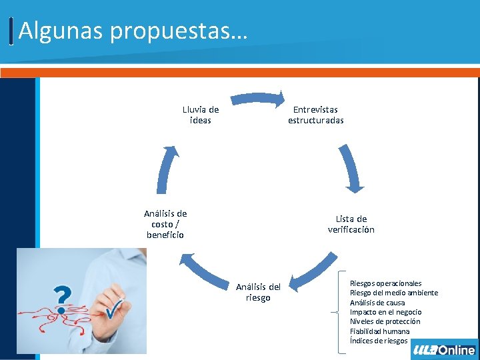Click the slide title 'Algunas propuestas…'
tap(133, 30)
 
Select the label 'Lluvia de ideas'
tap(200, 115)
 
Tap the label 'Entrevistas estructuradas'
tap(315, 115)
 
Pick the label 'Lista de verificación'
tap(351, 224)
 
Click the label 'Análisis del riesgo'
tap(258, 292)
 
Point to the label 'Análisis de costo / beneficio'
tap(165, 224)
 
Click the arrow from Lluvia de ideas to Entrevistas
tap(257, 100)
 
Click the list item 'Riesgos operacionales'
tap(385, 283)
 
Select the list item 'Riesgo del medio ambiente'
tap(393, 293)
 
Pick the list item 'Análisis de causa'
tap(377, 303)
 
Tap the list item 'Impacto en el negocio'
tap(385, 312)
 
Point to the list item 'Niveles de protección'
tap(385, 321)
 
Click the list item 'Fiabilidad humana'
tap(379, 331)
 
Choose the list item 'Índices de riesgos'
tap(378, 341)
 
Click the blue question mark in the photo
tap(62, 295)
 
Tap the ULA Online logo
tap(444, 350)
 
